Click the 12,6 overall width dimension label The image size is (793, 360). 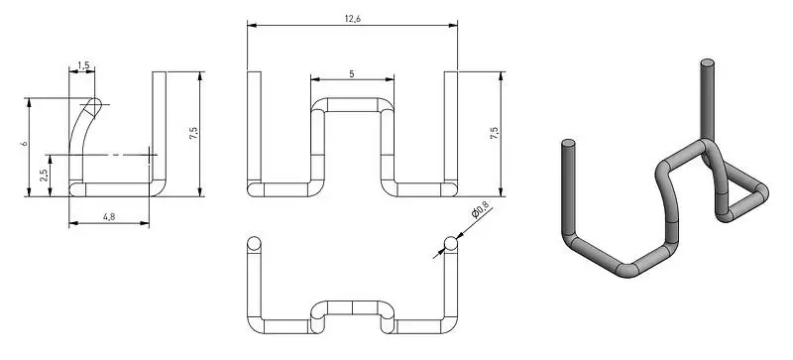point(353,19)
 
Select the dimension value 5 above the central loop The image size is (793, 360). point(352,74)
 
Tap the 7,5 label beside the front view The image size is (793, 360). point(494,133)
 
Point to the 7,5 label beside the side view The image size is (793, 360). point(193,133)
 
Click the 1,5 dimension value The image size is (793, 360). point(83,65)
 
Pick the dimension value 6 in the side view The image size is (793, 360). point(24,144)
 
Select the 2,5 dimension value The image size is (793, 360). point(44,176)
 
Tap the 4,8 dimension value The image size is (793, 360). point(109,217)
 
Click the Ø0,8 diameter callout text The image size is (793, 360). point(480,209)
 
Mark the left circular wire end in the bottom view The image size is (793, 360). point(254,244)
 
